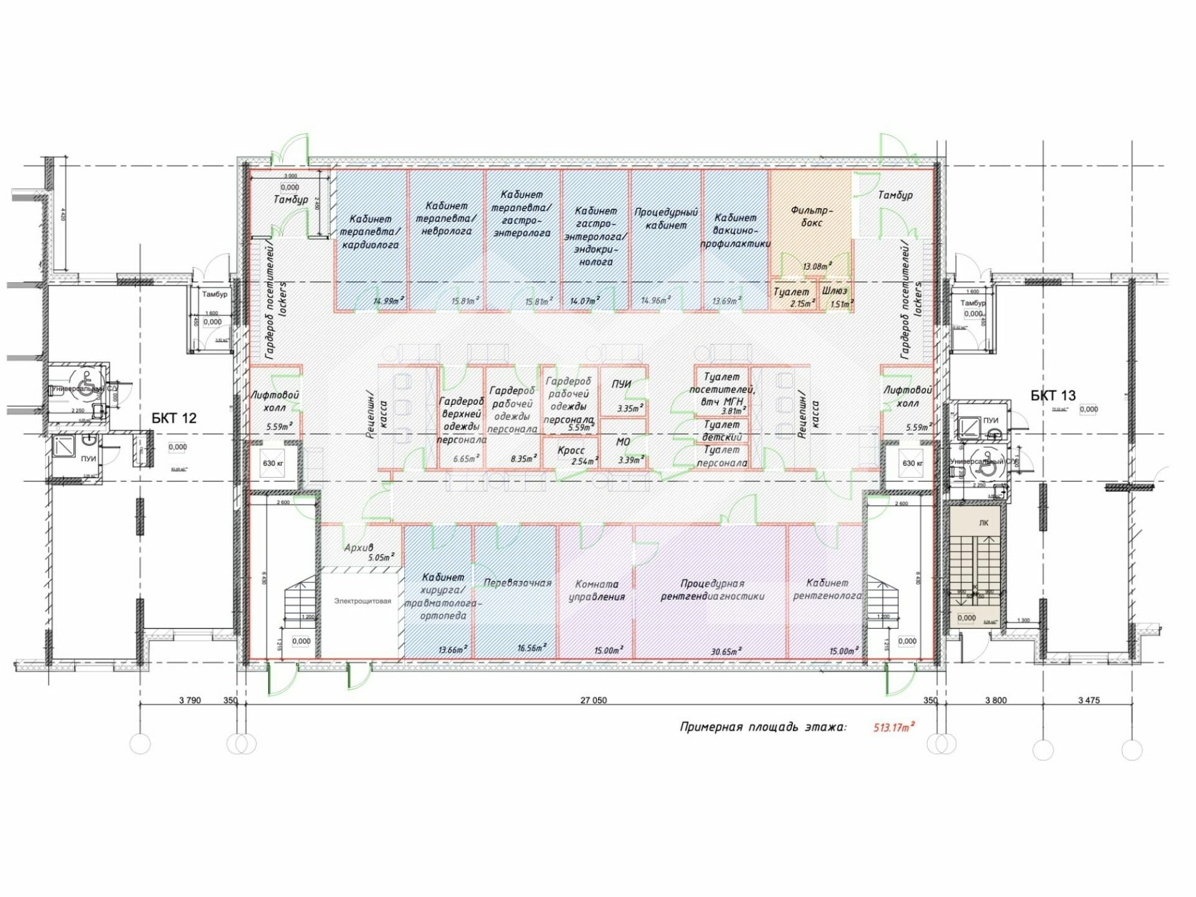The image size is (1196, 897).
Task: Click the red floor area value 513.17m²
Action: (x=894, y=727)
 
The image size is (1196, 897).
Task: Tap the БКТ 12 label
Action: (x=174, y=418)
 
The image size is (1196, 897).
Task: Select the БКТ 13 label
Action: (x=1053, y=395)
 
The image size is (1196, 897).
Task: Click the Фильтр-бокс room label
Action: (x=811, y=216)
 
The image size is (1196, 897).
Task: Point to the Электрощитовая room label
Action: (x=363, y=601)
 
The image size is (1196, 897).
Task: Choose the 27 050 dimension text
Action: (x=593, y=700)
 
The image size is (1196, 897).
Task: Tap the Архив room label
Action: (x=359, y=548)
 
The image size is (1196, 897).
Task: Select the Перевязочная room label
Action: (x=518, y=583)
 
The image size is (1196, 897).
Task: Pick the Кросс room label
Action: (x=571, y=450)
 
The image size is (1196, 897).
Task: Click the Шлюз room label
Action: (x=834, y=291)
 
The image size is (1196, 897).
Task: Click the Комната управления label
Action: (x=596, y=590)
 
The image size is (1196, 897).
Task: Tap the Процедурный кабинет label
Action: (x=666, y=219)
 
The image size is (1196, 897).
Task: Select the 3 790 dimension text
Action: (x=190, y=700)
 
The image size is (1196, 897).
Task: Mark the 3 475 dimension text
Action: (x=1089, y=700)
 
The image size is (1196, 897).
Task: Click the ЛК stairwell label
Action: (x=984, y=523)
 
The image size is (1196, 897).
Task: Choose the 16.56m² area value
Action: (x=531, y=648)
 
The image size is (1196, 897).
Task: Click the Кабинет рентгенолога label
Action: (x=827, y=589)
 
